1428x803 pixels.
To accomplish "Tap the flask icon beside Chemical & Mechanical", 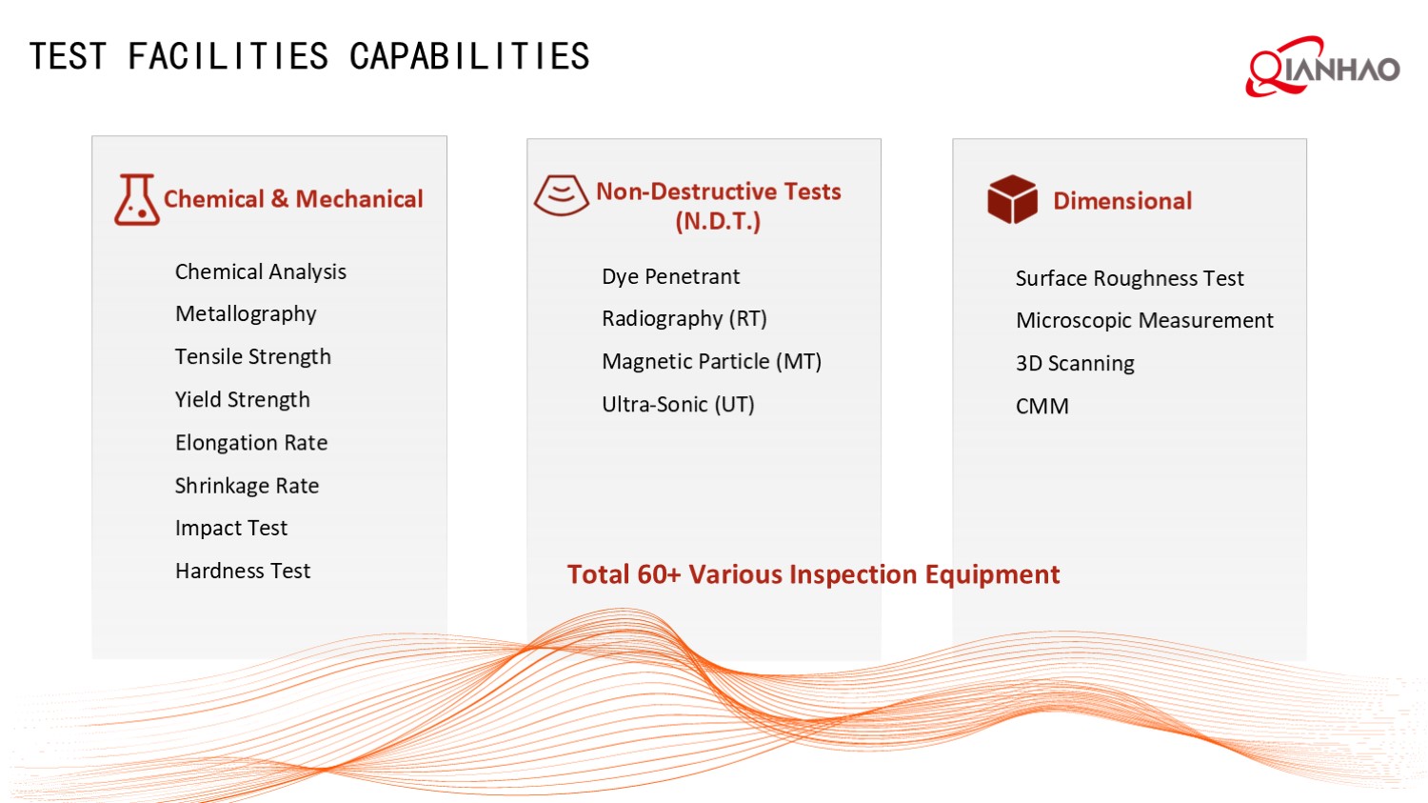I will (x=136, y=200).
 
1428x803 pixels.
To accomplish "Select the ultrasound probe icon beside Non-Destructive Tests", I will (x=561, y=195).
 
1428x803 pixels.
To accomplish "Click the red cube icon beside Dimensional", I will (x=1012, y=200).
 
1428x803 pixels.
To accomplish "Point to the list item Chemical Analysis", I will (x=260, y=272).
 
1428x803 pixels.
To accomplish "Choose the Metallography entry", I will (x=246, y=314).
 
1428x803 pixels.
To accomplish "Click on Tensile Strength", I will (x=252, y=357).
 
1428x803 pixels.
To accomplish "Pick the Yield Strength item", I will (x=242, y=400).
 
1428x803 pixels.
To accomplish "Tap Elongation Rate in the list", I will (x=250, y=443).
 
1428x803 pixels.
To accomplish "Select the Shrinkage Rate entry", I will (x=247, y=486).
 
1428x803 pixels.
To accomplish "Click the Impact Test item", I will (x=230, y=529).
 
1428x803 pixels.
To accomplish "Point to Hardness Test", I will (x=242, y=572).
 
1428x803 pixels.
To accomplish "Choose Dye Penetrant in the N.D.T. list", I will (x=670, y=277).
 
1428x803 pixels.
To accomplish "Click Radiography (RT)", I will (x=684, y=319).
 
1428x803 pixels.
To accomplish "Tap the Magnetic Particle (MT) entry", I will (x=711, y=362).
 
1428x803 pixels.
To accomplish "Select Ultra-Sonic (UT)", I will (x=678, y=405).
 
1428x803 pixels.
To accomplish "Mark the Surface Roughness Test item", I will (x=1129, y=279).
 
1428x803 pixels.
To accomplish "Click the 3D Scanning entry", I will (x=1075, y=364).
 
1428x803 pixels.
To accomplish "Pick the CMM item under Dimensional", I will (x=1041, y=407).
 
